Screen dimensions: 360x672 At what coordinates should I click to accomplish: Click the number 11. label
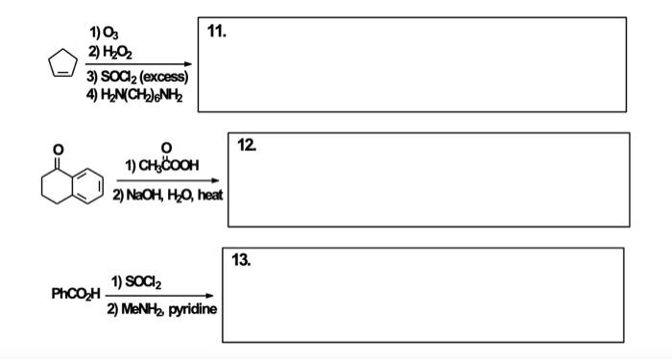[x=217, y=31]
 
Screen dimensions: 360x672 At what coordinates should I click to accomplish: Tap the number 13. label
[x=243, y=259]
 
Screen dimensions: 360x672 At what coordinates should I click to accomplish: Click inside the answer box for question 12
[x=429, y=182]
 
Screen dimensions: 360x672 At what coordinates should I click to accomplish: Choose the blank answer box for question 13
[x=422, y=298]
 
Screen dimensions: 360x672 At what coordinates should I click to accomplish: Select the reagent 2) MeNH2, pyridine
[x=162, y=309]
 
